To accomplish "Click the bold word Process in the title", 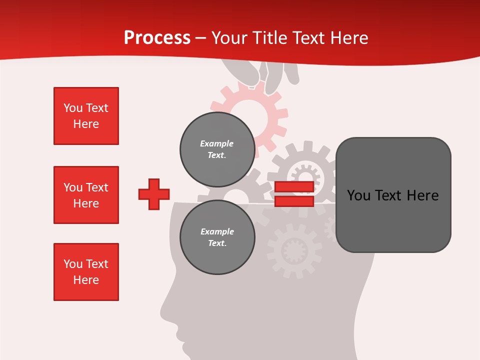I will coord(157,37).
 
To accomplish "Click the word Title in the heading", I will coord(270,38).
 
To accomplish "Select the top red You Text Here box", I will coord(86,116).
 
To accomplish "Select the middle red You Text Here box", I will coord(86,195).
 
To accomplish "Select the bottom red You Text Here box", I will coord(86,272).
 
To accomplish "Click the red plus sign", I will coord(154,194).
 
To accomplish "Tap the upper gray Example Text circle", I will coord(217,149).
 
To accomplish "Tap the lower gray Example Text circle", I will coord(217,237).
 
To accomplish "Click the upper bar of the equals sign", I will coord(294,187).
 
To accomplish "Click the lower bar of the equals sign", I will coord(294,201).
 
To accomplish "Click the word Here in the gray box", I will coord(422,195).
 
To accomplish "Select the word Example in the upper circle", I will coord(217,143).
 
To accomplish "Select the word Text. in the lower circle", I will coord(217,243).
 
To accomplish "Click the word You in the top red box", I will coord(72,108).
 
